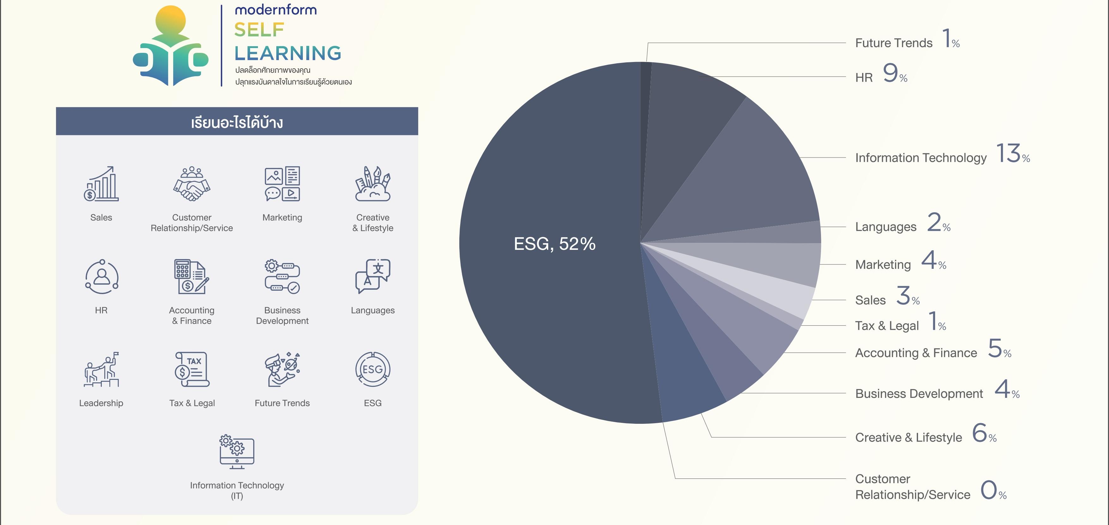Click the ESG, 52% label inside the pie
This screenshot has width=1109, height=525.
[554, 244]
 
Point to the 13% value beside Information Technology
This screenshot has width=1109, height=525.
[1013, 154]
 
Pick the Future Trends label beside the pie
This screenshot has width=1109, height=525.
[894, 43]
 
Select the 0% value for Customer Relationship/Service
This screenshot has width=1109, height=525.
[993, 490]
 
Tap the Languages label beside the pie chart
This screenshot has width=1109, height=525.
[885, 227]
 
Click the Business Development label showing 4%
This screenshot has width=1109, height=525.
[919, 394]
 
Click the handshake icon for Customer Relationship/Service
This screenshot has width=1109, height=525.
[192, 184]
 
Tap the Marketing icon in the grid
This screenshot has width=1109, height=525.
[282, 184]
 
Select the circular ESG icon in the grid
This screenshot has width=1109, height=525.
[373, 369]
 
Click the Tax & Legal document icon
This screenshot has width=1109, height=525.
[192, 369]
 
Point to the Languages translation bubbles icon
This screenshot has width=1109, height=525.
[373, 276]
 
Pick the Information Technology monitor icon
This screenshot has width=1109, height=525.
[237, 452]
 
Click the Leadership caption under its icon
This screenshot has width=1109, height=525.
[101, 403]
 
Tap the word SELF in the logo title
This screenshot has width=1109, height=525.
[259, 30]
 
